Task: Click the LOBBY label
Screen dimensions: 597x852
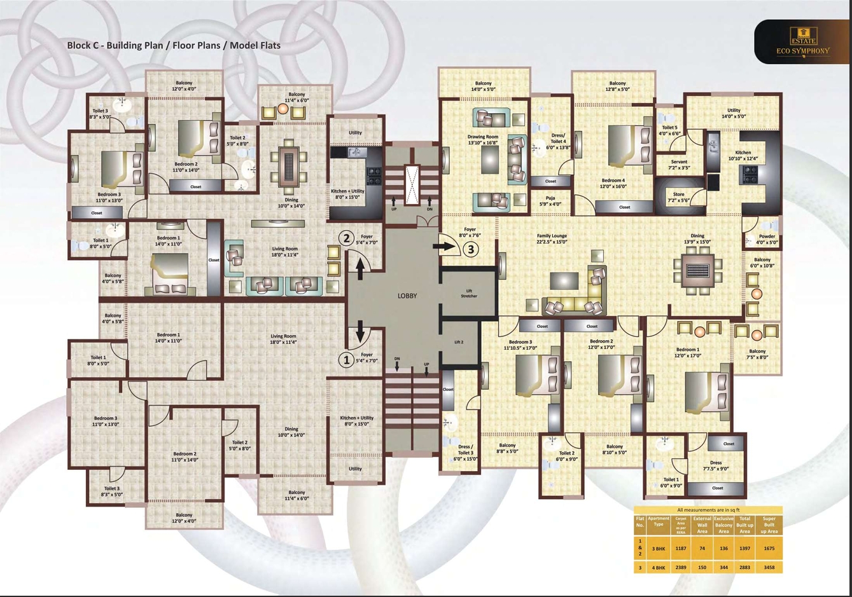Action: pos(407,296)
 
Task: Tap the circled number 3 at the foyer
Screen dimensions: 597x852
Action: pos(471,249)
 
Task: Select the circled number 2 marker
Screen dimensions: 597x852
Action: pos(346,238)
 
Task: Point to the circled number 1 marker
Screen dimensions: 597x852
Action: pos(346,360)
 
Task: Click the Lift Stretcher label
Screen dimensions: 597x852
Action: pos(469,293)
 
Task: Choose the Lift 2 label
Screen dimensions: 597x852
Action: pos(459,342)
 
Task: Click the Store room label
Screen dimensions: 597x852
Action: pos(679,197)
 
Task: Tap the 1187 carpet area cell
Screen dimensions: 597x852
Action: pos(681,548)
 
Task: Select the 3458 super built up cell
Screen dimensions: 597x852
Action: pos(769,567)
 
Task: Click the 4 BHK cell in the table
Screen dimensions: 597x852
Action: pos(658,567)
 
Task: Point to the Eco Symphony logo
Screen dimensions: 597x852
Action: pos(803,42)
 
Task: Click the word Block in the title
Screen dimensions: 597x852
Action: pos(79,45)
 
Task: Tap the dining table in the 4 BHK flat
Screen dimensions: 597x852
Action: pos(698,270)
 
